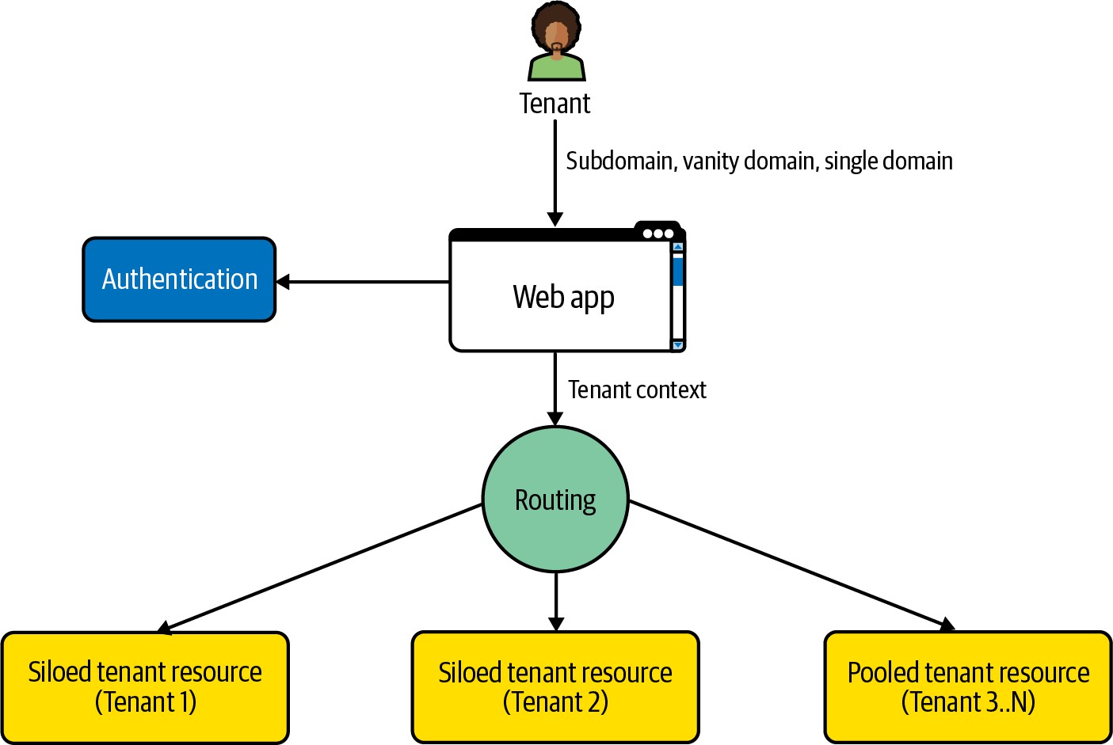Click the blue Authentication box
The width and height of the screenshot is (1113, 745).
180,279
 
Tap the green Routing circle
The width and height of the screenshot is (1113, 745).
555,500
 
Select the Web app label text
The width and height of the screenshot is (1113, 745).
563,297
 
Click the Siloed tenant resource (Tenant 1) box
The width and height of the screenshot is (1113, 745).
145,687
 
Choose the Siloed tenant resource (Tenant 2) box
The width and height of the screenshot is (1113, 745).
555,687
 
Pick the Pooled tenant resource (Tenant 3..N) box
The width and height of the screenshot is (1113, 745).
968,687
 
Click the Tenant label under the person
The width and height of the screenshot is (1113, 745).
555,104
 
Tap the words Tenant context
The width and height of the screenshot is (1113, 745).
637,390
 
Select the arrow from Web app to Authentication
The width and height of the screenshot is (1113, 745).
363,282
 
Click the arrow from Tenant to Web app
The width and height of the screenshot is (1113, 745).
555,174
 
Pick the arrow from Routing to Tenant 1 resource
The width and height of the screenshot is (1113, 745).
321,568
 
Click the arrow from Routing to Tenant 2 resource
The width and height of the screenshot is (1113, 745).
556,601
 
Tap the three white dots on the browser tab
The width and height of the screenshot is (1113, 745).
658,234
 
